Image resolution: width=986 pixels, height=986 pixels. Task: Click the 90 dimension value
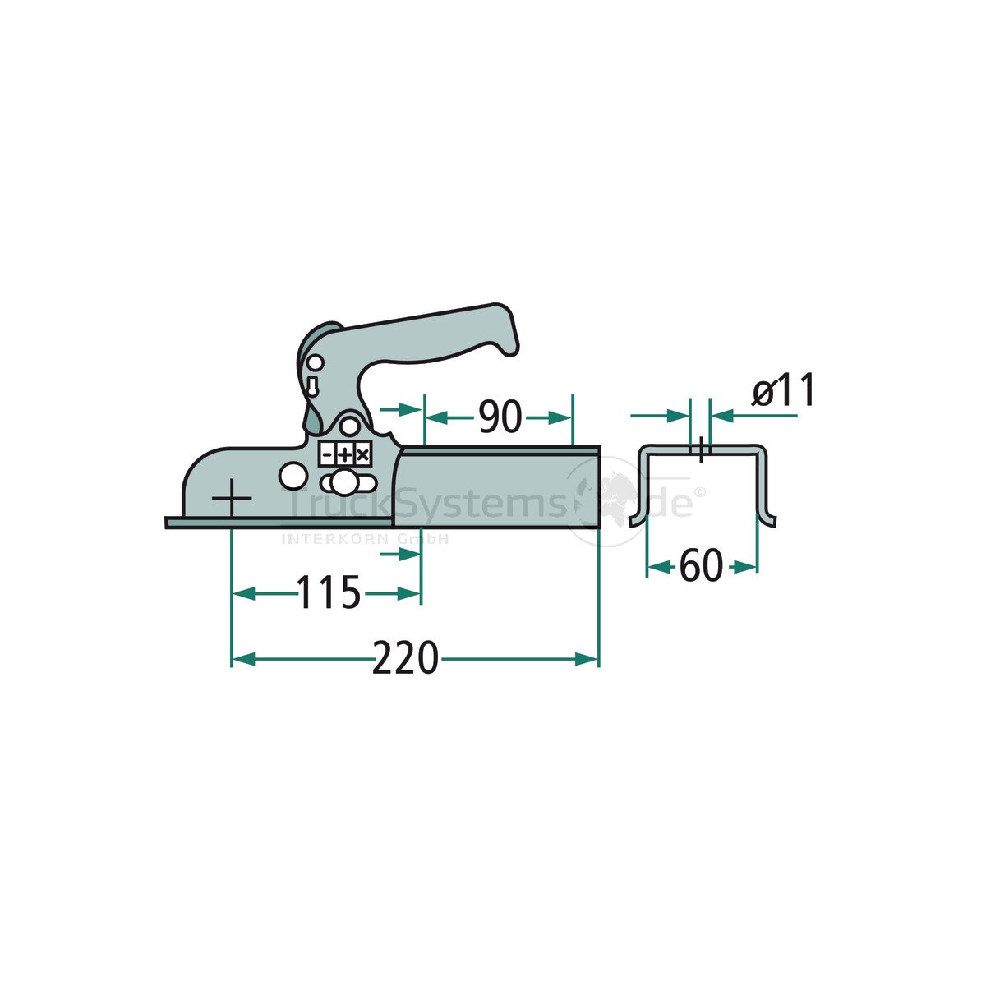[x=500, y=418]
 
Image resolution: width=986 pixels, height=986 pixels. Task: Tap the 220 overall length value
[x=404, y=658]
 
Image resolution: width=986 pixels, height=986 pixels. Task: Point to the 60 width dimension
[x=701, y=566]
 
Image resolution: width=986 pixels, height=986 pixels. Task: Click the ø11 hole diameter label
[x=782, y=390]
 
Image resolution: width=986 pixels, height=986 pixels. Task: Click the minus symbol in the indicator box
[x=328, y=454]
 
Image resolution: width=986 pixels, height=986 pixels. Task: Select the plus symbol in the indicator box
[x=344, y=454]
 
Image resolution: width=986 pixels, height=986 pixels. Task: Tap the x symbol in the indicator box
[x=362, y=454]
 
